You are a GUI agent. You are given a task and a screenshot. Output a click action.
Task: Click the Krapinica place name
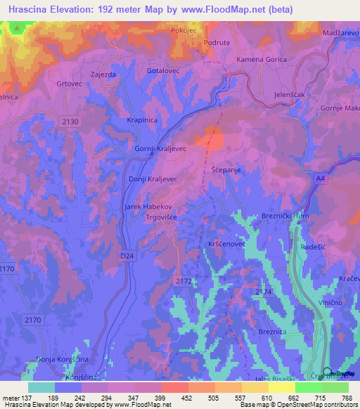tap(141, 120)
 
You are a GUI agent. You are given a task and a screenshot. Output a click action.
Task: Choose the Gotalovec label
tap(163, 71)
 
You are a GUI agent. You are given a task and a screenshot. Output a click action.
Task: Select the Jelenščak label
tap(289, 94)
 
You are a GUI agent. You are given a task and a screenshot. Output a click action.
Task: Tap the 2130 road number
tap(70, 122)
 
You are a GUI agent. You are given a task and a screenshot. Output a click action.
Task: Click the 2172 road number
tap(183, 280)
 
